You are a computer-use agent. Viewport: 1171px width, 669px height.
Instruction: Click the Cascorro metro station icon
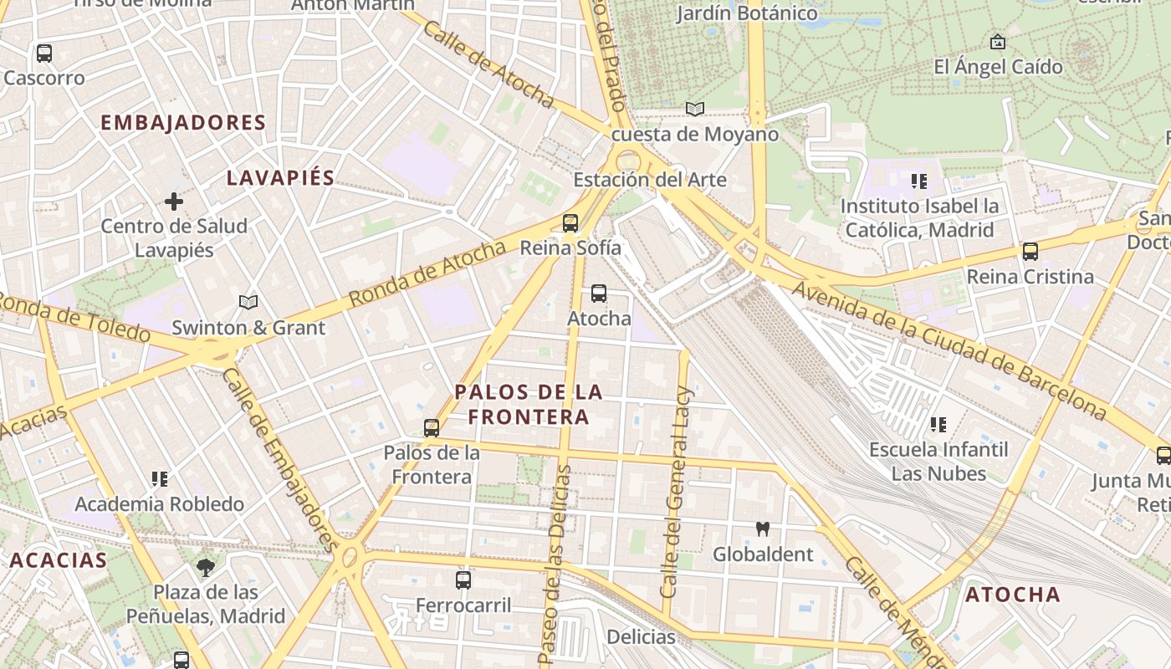click(x=44, y=54)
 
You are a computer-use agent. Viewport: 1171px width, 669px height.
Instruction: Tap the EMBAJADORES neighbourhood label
click(x=183, y=123)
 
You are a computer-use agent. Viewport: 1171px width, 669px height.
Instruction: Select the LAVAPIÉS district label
click(x=281, y=177)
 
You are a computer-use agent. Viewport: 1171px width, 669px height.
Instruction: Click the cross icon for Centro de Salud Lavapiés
click(x=174, y=202)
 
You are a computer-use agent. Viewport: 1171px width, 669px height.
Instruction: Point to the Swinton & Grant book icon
click(x=248, y=302)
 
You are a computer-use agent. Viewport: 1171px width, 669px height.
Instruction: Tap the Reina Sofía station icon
click(x=570, y=222)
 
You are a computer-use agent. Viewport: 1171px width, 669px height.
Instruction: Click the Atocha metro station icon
click(x=599, y=294)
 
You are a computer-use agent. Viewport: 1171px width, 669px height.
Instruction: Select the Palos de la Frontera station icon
click(x=432, y=428)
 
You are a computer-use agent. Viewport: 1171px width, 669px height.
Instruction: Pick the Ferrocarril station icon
click(x=463, y=580)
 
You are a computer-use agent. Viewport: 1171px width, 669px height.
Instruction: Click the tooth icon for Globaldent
click(x=762, y=529)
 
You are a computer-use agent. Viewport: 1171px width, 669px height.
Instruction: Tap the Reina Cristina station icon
click(x=1030, y=251)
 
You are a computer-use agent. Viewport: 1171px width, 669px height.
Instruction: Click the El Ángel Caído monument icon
click(x=998, y=41)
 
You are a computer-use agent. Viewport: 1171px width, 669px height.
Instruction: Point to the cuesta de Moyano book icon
click(x=695, y=109)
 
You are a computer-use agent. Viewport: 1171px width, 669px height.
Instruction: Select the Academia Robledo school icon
click(x=160, y=479)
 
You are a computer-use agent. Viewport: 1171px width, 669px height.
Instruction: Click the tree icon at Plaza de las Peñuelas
click(x=206, y=568)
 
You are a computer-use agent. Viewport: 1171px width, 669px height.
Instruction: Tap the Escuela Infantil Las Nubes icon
click(x=938, y=425)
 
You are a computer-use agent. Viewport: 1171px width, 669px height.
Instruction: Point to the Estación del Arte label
click(x=649, y=180)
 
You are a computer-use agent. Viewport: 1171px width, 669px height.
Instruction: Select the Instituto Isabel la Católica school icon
click(x=919, y=181)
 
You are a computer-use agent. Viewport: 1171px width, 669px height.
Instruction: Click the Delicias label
click(x=641, y=636)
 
